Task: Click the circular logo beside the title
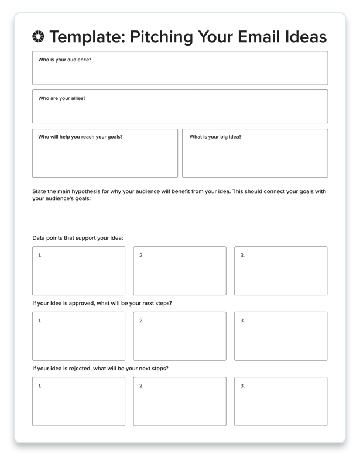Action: (x=39, y=37)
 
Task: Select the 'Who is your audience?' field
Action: (x=180, y=68)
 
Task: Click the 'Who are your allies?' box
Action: (x=180, y=106)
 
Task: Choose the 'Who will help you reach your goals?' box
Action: (x=105, y=153)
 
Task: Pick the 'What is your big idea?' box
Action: (x=255, y=153)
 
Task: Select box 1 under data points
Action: (x=78, y=271)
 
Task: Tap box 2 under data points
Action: (x=180, y=271)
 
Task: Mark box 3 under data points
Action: (x=281, y=271)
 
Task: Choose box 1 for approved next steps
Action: (x=78, y=336)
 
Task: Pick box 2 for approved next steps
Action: (x=180, y=336)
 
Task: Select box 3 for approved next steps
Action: (x=281, y=336)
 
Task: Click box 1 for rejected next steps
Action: (x=78, y=401)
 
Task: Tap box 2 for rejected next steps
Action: (x=180, y=401)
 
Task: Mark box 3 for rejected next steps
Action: (x=281, y=401)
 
